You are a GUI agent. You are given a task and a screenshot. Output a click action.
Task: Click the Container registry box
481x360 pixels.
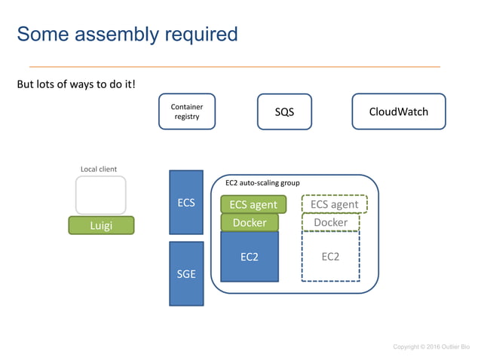186,111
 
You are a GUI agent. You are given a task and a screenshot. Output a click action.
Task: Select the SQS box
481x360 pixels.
284,112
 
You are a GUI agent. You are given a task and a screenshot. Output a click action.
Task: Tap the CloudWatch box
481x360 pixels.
398,111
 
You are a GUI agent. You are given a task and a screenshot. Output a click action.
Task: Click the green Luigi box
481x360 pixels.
101,224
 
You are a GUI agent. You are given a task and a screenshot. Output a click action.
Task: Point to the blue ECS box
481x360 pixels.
186,202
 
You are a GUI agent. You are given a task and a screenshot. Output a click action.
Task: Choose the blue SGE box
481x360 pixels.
186,273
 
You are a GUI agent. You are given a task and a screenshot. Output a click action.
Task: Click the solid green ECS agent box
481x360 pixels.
253,204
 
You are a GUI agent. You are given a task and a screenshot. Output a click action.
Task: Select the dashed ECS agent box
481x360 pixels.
334,204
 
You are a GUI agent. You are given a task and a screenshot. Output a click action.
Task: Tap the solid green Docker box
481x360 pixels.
250,222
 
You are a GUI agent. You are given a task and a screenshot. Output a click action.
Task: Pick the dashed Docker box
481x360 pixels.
331,222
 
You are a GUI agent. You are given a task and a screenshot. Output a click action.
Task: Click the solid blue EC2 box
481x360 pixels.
250,256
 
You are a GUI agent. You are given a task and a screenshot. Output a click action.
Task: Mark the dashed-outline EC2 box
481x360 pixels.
330,256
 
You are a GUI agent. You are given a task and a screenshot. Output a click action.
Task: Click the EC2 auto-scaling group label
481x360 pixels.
262,182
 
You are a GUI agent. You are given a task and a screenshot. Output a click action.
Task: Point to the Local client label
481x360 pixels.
99,169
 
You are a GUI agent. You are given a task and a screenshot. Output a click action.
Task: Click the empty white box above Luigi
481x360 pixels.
100,195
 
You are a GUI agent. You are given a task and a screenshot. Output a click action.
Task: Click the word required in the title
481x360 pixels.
200,34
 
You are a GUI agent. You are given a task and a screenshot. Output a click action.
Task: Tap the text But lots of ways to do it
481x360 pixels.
76,83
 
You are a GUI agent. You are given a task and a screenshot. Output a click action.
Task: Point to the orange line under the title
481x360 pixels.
234,66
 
